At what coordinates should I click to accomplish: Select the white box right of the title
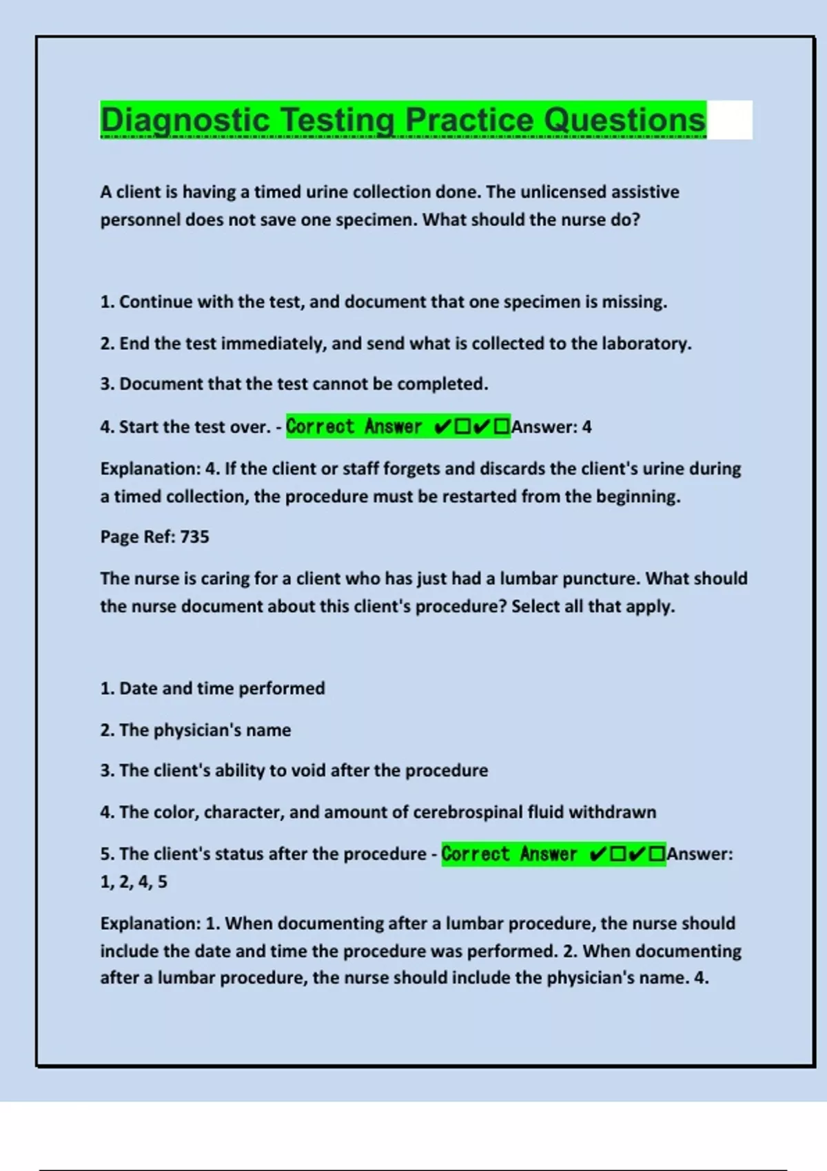point(729,120)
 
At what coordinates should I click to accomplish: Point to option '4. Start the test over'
point(185,427)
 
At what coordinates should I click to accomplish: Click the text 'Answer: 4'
point(551,427)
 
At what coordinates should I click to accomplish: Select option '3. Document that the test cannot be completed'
point(294,384)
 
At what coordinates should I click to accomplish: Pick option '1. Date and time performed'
point(212,688)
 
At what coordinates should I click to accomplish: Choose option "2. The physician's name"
point(195,729)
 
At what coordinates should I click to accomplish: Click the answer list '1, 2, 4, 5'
point(134,882)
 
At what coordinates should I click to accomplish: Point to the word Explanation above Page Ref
point(150,468)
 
